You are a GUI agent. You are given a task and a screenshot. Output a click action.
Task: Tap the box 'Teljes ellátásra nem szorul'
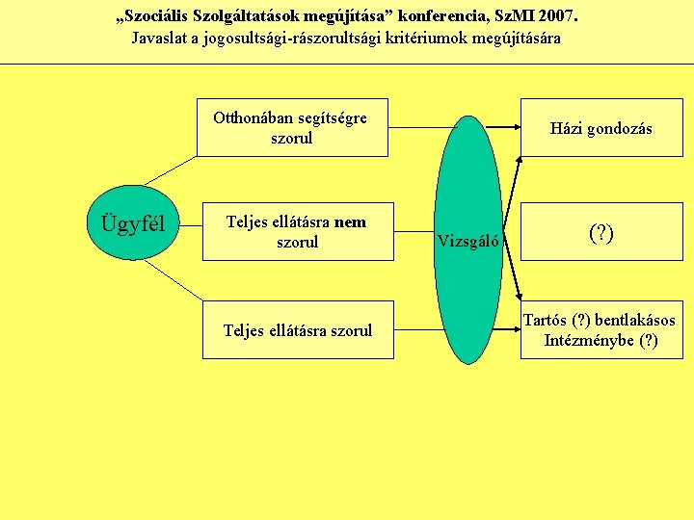pyautogui.click(x=297, y=232)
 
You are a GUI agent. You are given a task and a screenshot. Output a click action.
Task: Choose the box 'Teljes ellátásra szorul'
pyautogui.click(x=297, y=330)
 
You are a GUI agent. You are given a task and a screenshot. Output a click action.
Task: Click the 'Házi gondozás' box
pyautogui.click(x=601, y=128)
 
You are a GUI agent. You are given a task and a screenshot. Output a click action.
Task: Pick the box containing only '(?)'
pyautogui.click(x=601, y=232)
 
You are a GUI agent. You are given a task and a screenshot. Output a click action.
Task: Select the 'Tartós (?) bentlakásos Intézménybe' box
pyautogui.click(x=601, y=330)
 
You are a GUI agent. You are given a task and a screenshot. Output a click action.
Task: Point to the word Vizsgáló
pyautogui.click(x=468, y=241)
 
